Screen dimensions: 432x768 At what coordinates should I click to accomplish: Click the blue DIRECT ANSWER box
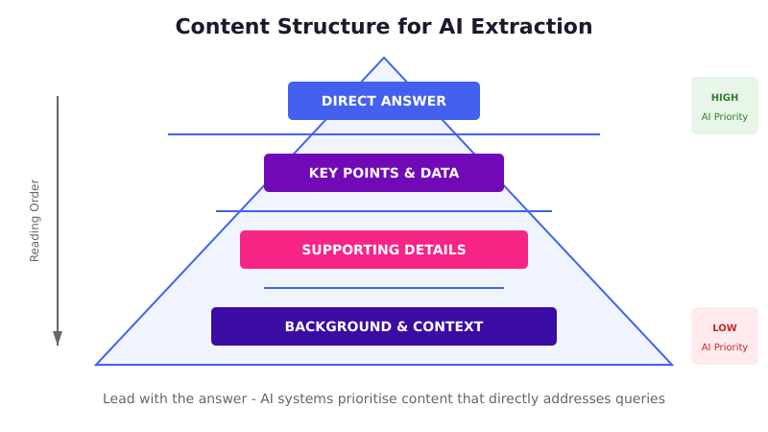click(x=384, y=101)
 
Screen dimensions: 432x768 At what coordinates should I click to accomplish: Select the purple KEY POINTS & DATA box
click(x=384, y=173)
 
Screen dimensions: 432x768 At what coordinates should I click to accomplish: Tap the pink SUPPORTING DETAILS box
click(x=384, y=250)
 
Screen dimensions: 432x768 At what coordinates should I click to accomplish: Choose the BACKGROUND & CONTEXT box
click(x=384, y=326)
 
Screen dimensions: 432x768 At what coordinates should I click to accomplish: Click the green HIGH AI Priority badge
click(x=725, y=106)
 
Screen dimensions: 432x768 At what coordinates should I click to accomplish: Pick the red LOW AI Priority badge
click(x=725, y=336)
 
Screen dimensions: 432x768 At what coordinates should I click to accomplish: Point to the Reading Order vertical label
click(x=35, y=221)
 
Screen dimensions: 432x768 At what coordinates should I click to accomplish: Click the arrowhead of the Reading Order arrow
click(x=58, y=338)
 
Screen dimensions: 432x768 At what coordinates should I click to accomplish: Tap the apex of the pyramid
click(x=384, y=59)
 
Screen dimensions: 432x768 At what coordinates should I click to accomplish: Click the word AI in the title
click(x=452, y=27)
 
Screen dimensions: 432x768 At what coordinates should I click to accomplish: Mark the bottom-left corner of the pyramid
click(x=97, y=364)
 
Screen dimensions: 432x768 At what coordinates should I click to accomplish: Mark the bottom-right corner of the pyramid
click(x=671, y=364)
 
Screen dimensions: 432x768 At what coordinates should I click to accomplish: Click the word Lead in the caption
click(x=119, y=398)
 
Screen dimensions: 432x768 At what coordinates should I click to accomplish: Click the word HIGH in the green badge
click(x=725, y=97)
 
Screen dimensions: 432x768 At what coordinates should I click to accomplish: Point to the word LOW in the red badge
click(x=725, y=327)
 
